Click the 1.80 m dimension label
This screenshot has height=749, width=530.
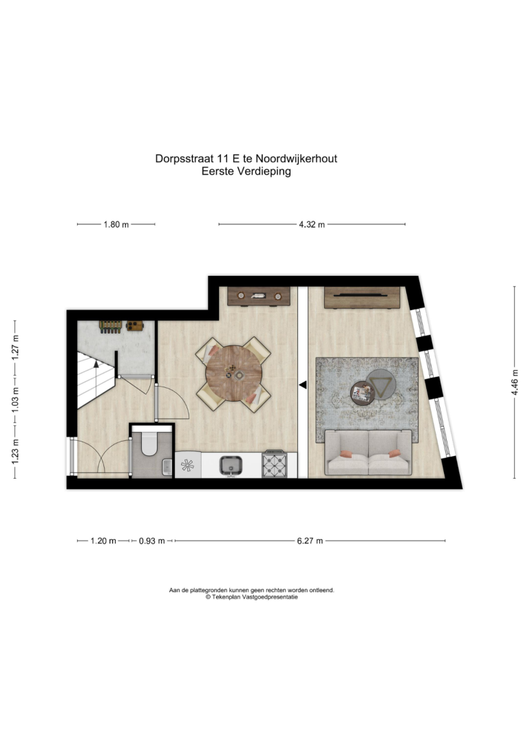(116, 224)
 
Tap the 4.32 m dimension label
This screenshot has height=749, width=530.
(312, 224)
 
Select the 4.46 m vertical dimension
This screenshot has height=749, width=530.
(515, 382)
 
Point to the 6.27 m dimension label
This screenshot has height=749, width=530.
(310, 541)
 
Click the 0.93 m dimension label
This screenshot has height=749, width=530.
(151, 541)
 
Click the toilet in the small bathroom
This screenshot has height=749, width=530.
(149, 443)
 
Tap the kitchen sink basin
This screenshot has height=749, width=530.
(231, 465)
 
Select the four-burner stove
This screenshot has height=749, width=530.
(275, 464)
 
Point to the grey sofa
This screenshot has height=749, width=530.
(368, 453)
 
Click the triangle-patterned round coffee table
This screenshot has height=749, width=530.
(381, 384)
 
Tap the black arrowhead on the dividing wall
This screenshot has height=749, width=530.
(303, 384)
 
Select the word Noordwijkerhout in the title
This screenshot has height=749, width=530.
(296, 158)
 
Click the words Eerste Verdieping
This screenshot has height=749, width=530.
(246, 171)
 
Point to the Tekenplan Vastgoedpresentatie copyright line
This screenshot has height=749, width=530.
(252, 596)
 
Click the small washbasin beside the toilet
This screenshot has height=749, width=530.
(167, 466)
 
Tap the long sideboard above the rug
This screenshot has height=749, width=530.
(362, 297)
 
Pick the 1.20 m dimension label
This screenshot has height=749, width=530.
(103, 541)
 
